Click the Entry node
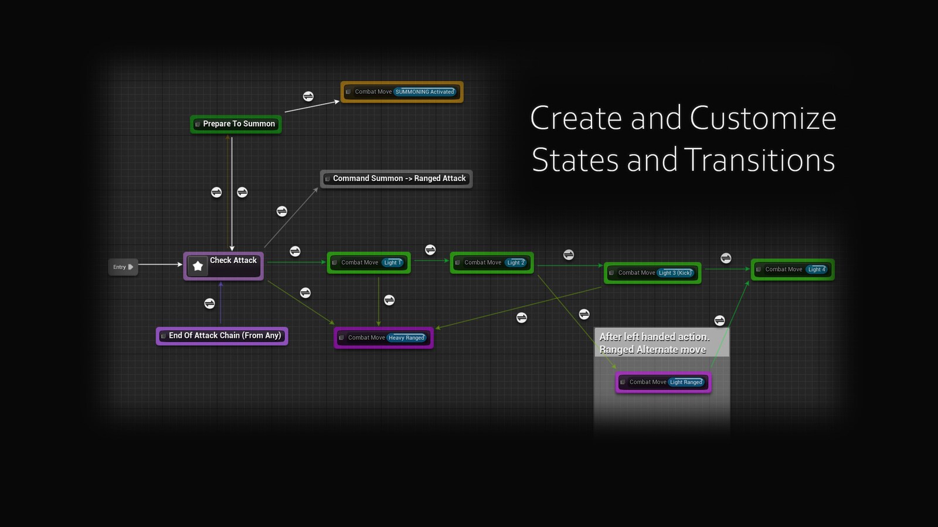[122, 267]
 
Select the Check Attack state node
[233, 261]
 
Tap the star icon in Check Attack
[198, 266]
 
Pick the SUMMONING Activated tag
[424, 92]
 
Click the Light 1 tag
[392, 263]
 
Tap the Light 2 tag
[516, 263]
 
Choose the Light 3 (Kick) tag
[675, 273]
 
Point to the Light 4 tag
[817, 269]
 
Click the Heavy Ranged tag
[406, 338]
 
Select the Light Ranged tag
[686, 382]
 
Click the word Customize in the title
[763, 118]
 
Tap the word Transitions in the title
[759, 160]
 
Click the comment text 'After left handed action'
[654, 337]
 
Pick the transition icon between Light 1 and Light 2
[430, 250]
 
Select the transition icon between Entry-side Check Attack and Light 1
[295, 251]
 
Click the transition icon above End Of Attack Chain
[209, 303]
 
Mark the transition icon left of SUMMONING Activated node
[308, 97]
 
